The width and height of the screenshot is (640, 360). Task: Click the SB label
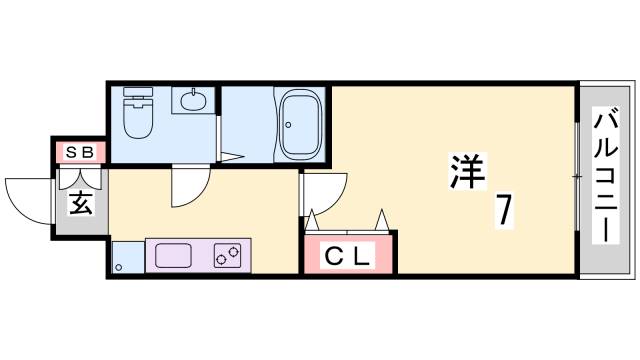78,153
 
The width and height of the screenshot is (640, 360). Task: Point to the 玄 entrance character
80,203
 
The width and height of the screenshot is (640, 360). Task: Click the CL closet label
349,255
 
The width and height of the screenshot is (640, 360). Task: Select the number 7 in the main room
505,211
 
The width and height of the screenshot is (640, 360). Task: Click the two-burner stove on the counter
229,256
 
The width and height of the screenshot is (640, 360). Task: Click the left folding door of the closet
313,219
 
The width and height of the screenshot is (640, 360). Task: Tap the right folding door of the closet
384,218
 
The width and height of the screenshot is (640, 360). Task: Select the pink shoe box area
78,153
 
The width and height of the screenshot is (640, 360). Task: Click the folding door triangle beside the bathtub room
231,156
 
